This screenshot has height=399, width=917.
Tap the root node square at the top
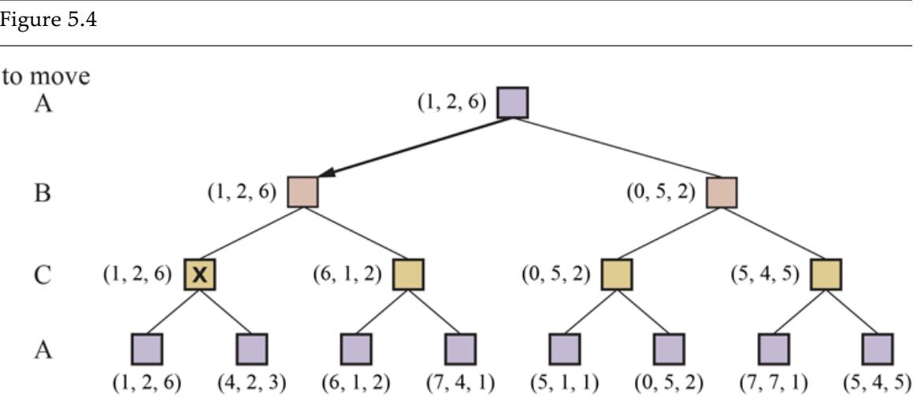click(x=513, y=103)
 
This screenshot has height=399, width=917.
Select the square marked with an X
click(x=200, y=274)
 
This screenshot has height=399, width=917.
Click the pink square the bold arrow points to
click(x=303, y=192)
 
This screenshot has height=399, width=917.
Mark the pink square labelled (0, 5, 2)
click(x=721, y=192)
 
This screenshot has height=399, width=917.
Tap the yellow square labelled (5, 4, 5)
click(x=826, y=274)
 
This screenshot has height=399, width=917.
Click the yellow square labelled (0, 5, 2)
click(x=617, y=274)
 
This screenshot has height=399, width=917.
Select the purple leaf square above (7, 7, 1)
click(x=773, y=349)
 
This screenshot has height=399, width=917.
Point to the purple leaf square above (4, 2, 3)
click(x=252, y=349)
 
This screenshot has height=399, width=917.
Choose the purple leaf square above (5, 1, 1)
click(x=564, y=349)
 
